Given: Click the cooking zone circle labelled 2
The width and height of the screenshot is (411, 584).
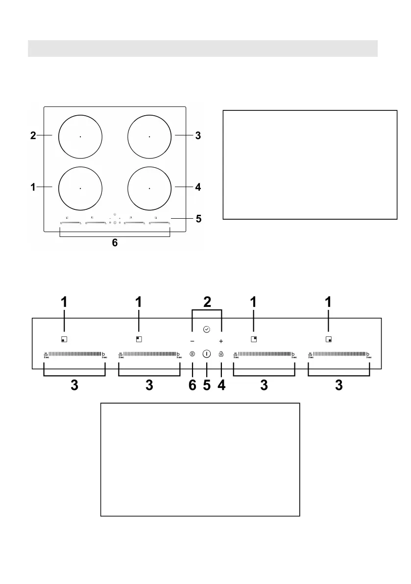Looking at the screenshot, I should point(80,136).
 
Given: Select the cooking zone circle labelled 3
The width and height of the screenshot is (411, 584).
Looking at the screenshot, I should point(149,136).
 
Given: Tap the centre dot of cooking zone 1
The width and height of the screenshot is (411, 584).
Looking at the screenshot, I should point(80,188).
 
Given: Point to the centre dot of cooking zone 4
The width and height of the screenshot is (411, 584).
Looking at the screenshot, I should point(149,188).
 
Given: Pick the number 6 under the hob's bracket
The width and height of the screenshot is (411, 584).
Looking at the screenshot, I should point(115,243).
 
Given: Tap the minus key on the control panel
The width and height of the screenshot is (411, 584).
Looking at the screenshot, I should point(193,341).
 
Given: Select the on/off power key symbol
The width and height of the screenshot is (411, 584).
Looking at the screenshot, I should point(207,354).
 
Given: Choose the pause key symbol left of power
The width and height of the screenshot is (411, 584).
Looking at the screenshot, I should point(193,354).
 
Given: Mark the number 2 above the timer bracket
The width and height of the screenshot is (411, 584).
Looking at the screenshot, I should point(207,302).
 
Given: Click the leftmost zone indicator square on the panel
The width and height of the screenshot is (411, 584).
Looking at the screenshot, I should point(64,339).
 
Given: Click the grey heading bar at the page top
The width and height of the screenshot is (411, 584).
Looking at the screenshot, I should point(203,49).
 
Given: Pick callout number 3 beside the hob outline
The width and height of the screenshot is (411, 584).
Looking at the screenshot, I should point(198,135).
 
